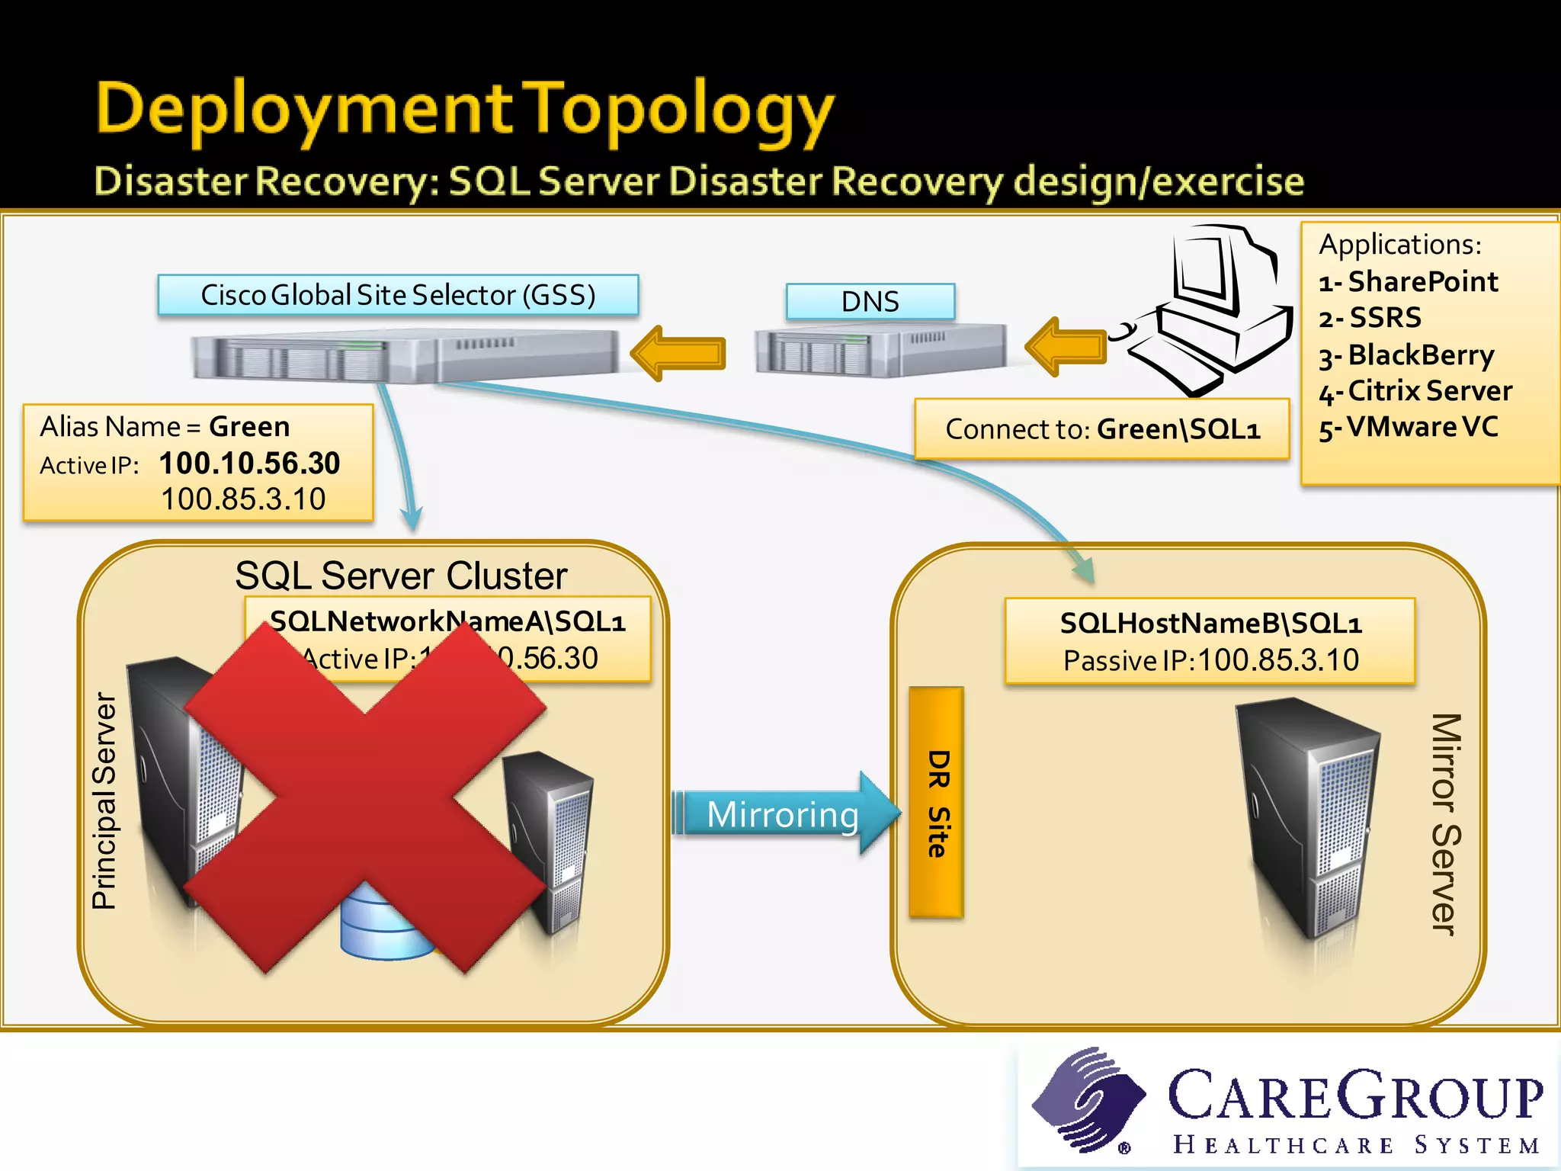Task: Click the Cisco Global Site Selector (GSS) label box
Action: coord(398,295)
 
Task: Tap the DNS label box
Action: coord(870,301)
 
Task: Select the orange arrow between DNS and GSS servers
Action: coord(678,352)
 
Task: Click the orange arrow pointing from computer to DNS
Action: coord(1066,347)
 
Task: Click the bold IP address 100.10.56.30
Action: coord(249,463)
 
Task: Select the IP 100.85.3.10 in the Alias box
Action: coord(243,499)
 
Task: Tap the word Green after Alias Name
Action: coord(249,426)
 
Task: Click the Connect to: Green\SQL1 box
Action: coord(1101,429)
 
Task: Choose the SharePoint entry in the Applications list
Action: coord(1422,282)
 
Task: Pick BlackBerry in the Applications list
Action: coord(1420,355)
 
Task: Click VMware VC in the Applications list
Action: coord(1422,427)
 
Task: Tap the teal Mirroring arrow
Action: coord(785,814)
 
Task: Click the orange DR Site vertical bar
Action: coord(937,803)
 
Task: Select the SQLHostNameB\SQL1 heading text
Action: coord(1210,624)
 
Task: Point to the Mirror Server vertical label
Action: coord(1445,823)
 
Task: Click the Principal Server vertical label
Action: coord(104,800)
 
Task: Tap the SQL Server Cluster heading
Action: coord(401,575)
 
